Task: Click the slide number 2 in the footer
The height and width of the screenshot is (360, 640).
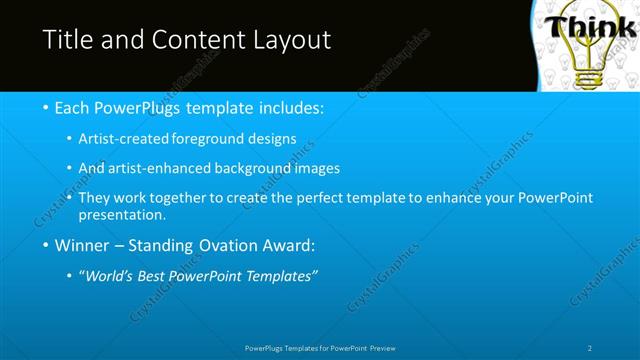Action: pyautogui.click(x=590, y=347)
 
